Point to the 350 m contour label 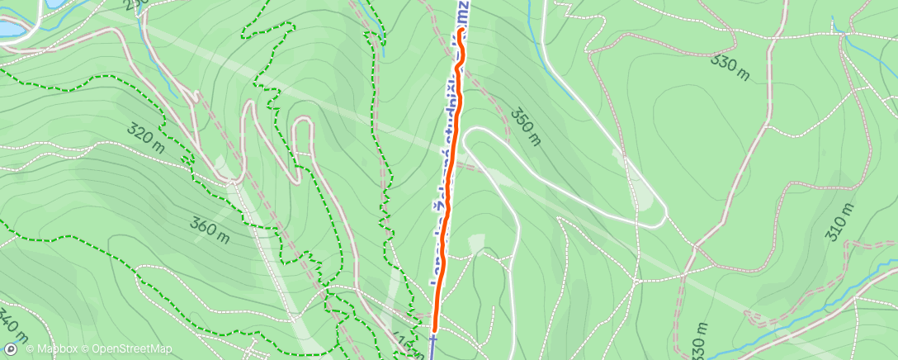pyautogui.click(x=525, y=126)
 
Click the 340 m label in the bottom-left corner pyautogui.click(x=14, y=327)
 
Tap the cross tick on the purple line pyautogui.click(x=433, y=338)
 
